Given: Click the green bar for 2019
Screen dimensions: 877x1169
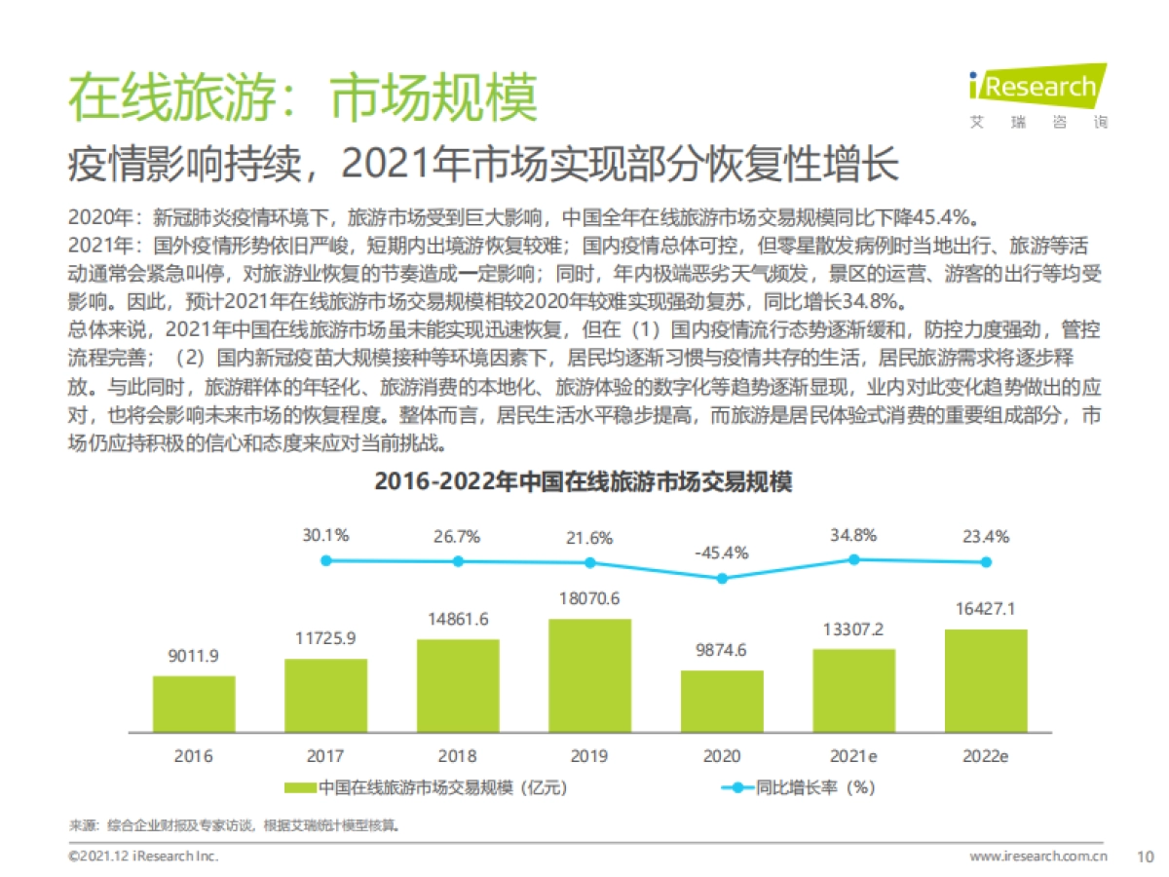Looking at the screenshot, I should (589, 675).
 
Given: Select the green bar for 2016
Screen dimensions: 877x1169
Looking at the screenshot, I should (194, 704).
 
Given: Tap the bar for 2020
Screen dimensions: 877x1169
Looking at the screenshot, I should (722, 701).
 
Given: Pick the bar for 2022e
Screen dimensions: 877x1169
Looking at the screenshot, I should (986, 680).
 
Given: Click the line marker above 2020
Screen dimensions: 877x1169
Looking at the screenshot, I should (722, 578).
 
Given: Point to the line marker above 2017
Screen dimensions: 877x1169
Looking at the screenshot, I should (326, 560).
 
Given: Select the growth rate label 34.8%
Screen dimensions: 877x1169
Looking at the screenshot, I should (853, 535).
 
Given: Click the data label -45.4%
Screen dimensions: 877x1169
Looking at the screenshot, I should (722, 553).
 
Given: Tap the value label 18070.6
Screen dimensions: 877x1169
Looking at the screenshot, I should (589, 598).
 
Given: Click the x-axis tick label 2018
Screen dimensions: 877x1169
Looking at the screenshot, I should (458, 756).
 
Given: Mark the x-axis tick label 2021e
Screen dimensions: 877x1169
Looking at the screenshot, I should (853, 756).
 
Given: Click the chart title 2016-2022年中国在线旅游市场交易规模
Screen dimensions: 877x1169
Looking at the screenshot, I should (584, 482).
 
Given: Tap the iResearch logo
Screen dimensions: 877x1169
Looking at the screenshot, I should (1037, 95).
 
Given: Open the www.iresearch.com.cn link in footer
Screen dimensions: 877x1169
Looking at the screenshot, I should (1038, 856).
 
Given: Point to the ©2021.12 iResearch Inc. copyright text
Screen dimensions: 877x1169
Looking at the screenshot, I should (143, 856).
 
